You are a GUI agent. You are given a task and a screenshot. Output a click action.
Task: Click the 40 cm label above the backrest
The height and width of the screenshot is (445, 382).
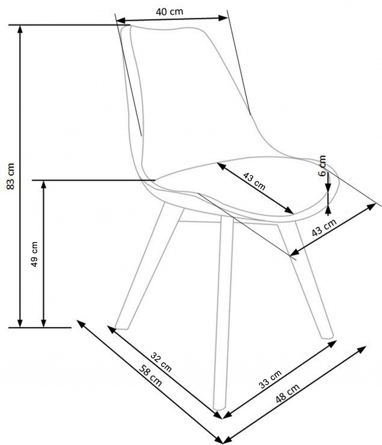(170, 12)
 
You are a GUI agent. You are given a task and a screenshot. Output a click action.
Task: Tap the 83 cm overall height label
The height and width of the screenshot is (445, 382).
(11, 176)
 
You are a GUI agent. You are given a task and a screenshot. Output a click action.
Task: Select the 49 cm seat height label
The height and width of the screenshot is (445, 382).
(34, 254)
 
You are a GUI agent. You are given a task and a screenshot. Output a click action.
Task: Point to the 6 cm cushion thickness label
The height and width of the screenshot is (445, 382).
(322, 166)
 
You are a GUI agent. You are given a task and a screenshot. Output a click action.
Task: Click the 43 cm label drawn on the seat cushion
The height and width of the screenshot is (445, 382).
(255, 181)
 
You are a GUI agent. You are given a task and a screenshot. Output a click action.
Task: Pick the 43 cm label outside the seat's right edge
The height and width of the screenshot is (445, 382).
(324, 227)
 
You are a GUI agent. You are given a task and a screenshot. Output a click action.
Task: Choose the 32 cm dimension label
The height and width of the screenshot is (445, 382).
(161, 362)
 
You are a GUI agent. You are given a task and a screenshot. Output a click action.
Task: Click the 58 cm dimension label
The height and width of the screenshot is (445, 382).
(150, 375)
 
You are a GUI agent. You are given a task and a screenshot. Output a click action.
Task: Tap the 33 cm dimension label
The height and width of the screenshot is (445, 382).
(270, 379)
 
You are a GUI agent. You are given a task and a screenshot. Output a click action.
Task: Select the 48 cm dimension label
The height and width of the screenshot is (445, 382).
(287, 393)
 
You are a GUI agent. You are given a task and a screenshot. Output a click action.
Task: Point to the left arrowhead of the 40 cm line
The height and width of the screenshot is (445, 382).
(120, 21)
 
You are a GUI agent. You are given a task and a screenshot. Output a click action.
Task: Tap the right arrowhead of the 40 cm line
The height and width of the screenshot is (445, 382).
(223, 18)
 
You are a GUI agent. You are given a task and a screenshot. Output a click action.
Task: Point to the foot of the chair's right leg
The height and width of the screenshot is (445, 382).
(327, 337)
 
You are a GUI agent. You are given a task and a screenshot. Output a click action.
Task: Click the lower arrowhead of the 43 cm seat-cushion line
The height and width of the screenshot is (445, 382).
(289, 210)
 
